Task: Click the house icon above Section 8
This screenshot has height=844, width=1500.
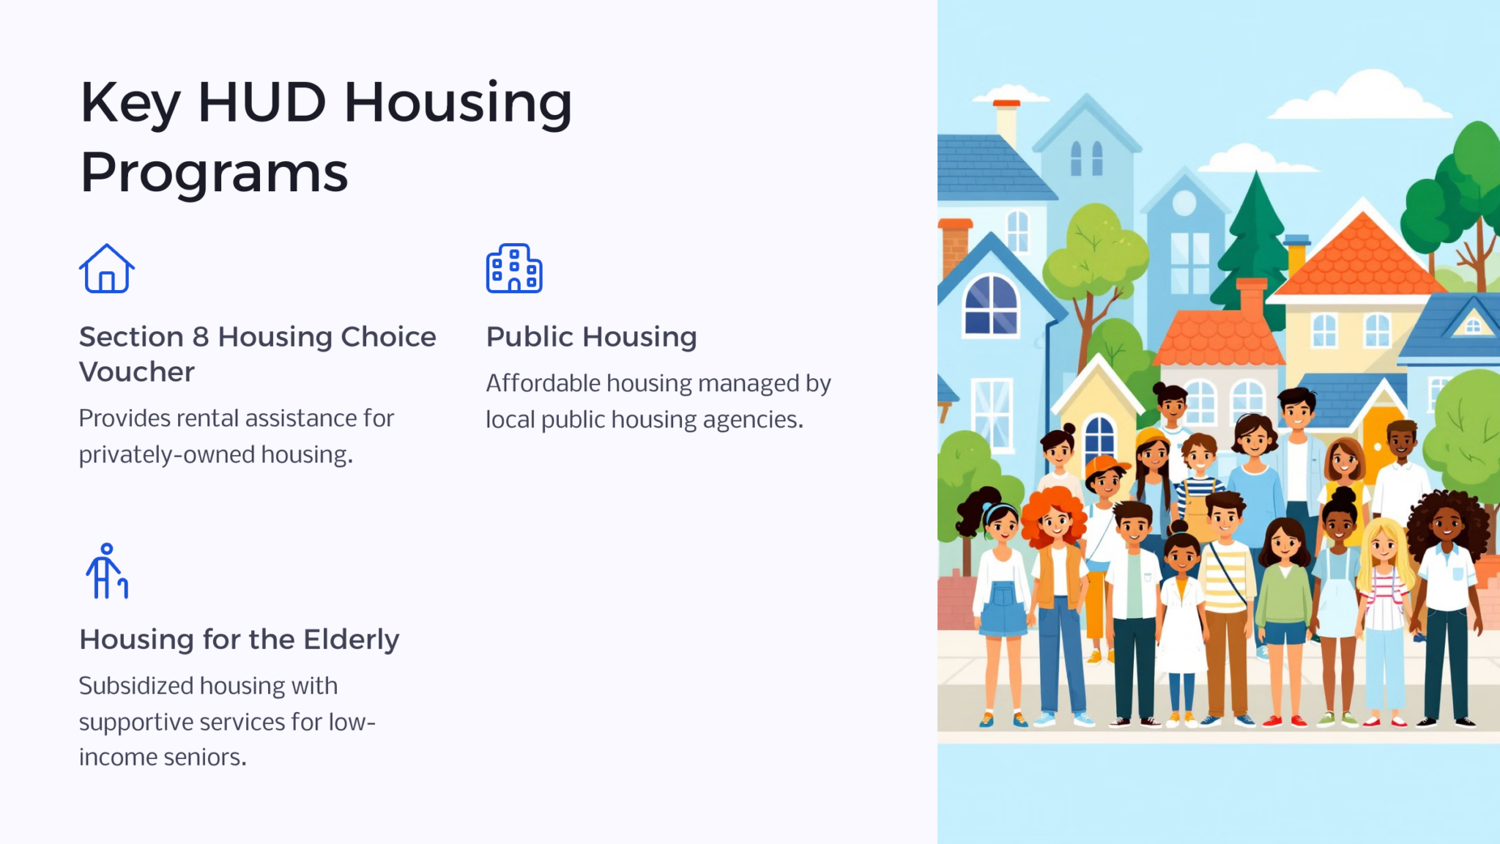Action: [x=107, y=269]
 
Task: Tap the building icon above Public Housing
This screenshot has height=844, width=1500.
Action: [x=514, y=268]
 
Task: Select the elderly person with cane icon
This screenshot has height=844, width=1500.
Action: [x=107, y=571]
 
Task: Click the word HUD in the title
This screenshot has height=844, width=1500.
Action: [x=261, y=102]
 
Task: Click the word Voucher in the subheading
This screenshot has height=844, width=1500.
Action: [x=137, y=372]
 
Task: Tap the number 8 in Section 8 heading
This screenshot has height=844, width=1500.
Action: [x=201, y=337]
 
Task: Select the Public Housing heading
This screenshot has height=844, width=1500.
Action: [x=591, y=337]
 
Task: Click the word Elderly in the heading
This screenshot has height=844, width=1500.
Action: [x=352, y=640]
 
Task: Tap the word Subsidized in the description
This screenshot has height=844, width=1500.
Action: [x=136, y=686]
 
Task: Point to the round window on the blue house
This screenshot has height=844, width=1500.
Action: [x=1184, y=203]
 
